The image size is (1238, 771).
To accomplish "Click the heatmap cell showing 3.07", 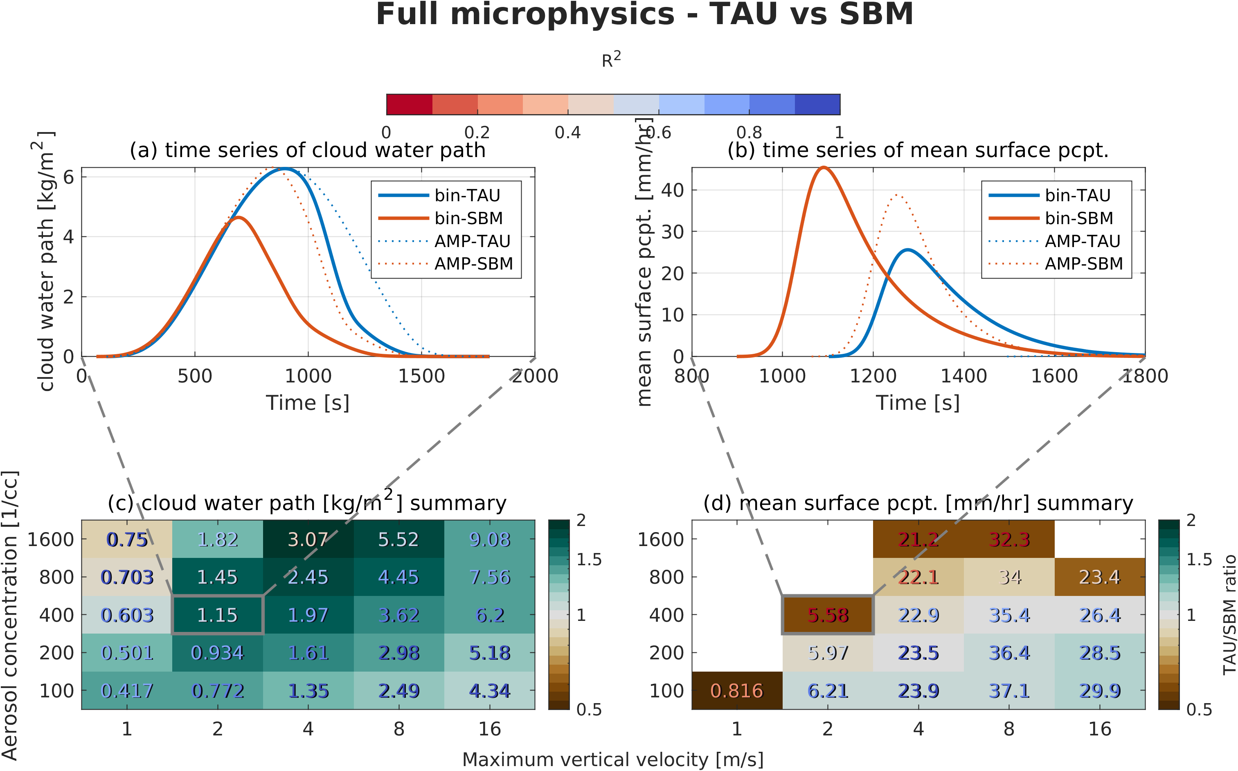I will point(308,539).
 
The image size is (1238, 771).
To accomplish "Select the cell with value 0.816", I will point(737,690).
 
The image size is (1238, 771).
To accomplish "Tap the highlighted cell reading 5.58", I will point(828,615).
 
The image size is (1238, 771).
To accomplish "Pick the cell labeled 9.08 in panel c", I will point(489,539).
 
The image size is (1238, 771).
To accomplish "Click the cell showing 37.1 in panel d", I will point(1009,690).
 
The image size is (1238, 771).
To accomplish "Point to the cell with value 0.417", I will point(127,690).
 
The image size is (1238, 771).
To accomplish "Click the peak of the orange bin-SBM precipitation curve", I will point(823,167).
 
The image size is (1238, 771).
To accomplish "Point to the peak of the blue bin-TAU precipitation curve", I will point(908,250).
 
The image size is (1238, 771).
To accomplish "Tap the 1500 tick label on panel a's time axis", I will point(421,376).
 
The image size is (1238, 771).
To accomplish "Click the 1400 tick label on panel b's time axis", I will point(963,376).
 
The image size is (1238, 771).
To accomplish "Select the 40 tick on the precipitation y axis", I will point(672,190).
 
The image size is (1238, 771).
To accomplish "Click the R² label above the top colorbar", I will point(611,60).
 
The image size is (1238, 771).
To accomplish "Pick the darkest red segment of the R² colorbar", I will point(410,105).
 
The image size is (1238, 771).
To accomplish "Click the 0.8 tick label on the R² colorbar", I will point(749,133).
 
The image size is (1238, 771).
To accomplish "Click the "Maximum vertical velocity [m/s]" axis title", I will point(613,759).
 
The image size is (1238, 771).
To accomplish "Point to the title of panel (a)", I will point(308,150).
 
